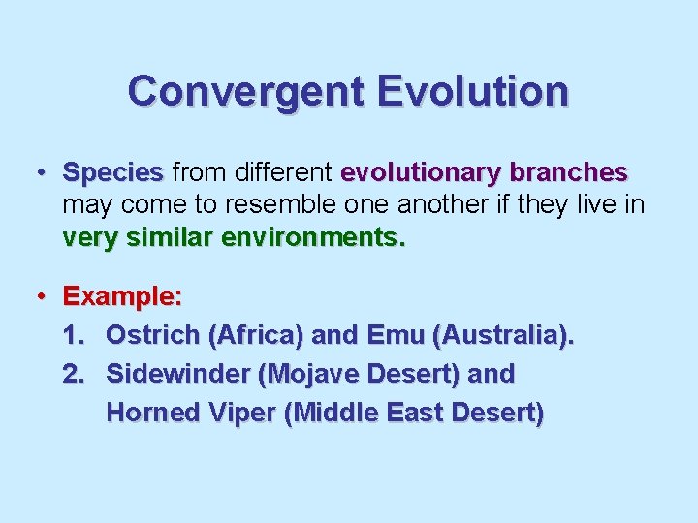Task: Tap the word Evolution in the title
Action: [x=473, y=92]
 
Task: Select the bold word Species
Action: [x=112, y=173]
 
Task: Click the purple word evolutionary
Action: [x=422, y=173]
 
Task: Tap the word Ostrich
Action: [x=152, y=335]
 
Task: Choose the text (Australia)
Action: [x=503, y=335]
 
